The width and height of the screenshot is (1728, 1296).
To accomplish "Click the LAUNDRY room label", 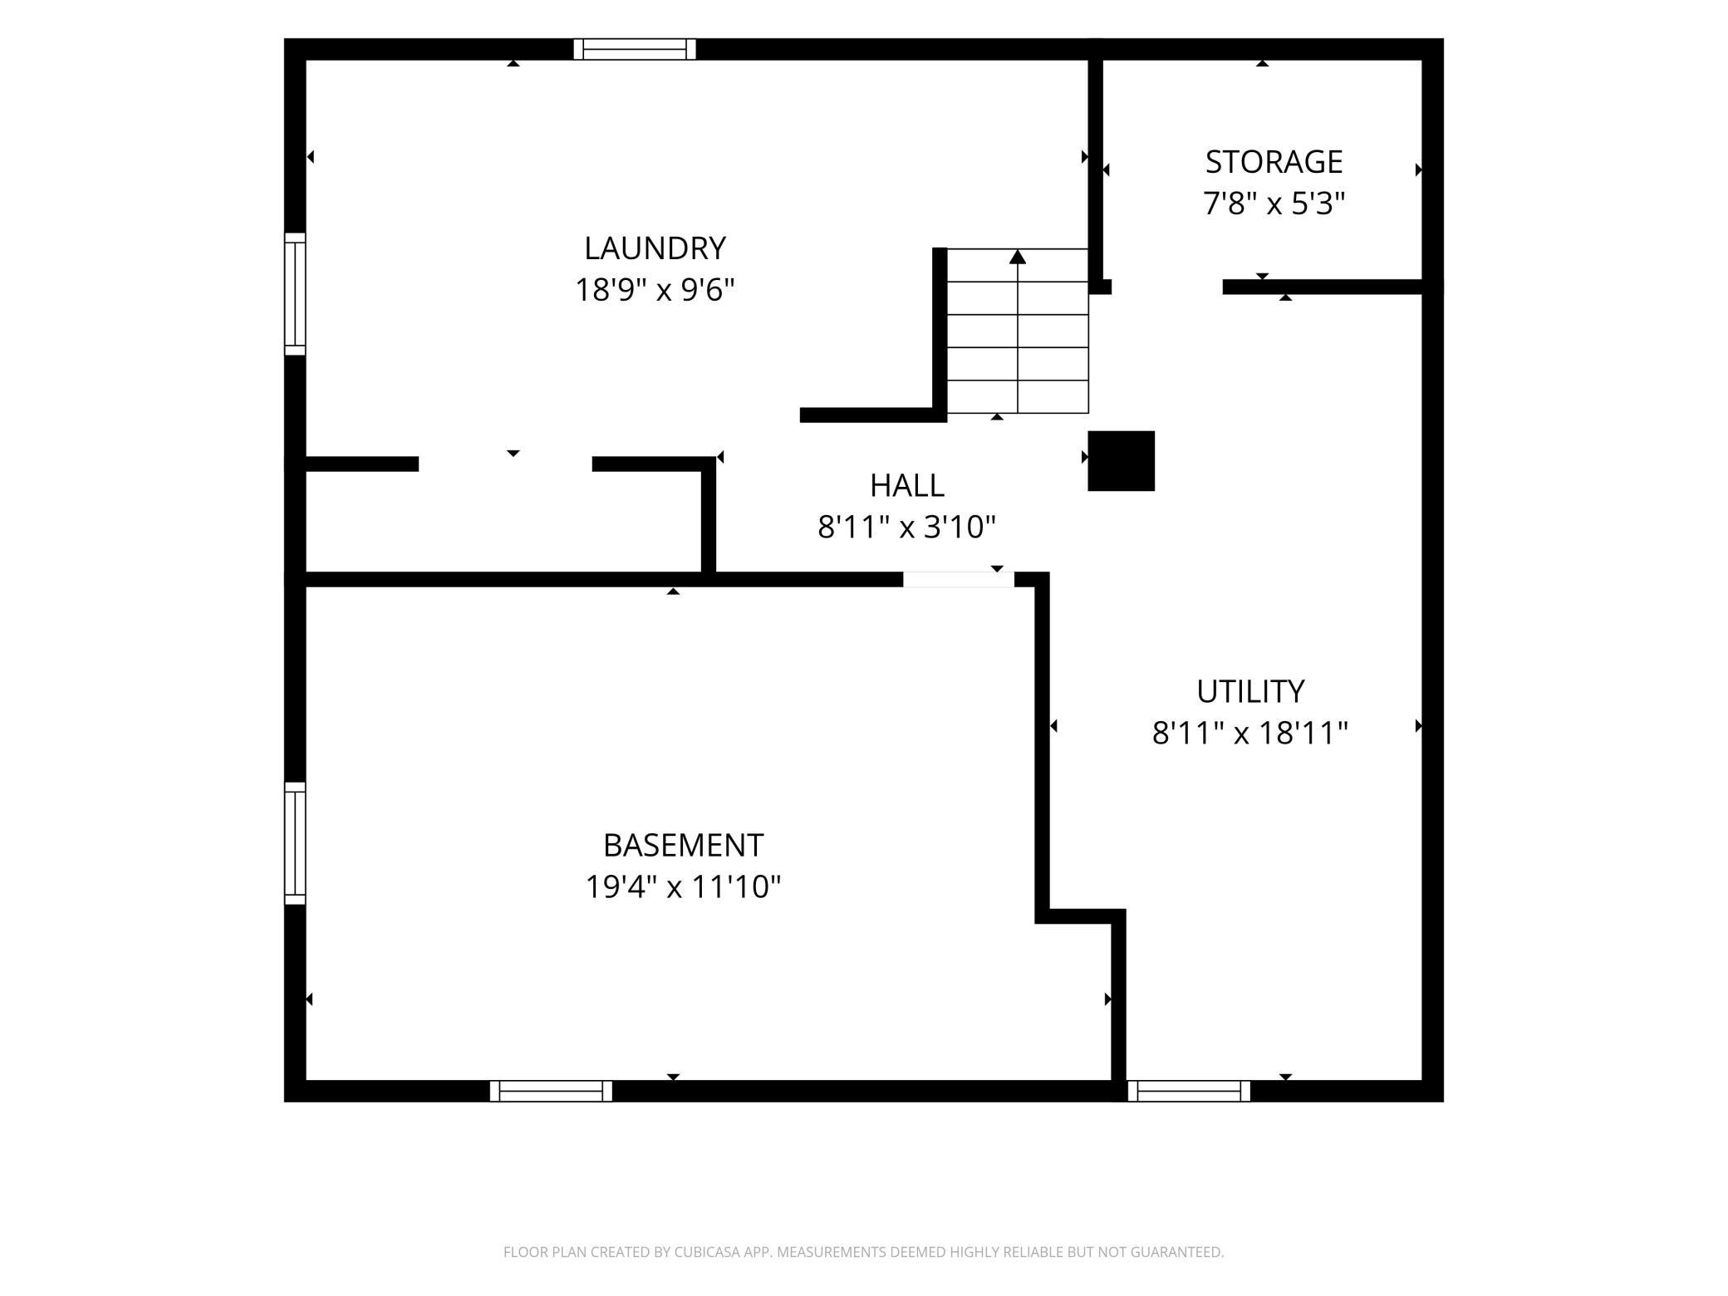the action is [x=655, y=248].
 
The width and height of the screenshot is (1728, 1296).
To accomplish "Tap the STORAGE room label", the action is [x=1274, y=161].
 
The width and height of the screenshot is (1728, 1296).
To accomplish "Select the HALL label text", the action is [x=906, y=485].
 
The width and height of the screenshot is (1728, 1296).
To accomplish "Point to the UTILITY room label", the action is [x=1250, y=691].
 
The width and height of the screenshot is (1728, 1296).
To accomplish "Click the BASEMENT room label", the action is [x=683, y=845].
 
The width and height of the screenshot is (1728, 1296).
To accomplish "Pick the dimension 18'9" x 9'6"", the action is [x=655, y=290].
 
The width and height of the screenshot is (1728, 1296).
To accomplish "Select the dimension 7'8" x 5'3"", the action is [x=1274, y=204].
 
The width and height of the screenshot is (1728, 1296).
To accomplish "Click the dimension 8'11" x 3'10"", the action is [x=906, y=527].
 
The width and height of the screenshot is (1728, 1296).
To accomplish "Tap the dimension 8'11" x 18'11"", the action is [x=1250, y=733].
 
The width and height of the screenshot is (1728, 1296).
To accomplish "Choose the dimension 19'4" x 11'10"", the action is [x=683, y=886].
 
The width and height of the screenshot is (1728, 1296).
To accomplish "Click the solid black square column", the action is [x=1122, y=461].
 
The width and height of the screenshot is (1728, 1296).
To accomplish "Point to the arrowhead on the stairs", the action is [x=1018, y=257].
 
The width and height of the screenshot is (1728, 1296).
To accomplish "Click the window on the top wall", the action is [x=635, y=49].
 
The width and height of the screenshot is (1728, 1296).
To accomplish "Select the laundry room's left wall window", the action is [x=295, y=294].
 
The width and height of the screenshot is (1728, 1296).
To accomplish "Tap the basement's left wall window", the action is [x=295, y=843].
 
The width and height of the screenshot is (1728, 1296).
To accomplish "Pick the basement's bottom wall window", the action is [x=551, y=1091].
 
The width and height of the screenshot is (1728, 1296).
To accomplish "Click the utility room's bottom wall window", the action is [x=1189, y=1091].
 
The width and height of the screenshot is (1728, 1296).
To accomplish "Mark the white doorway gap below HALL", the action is [x=959, y=580].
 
